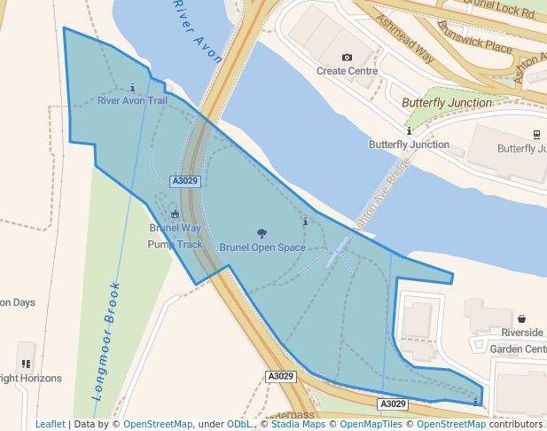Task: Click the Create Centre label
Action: (347, 71)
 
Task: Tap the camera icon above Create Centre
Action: (347, 58)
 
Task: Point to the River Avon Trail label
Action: (132, 100)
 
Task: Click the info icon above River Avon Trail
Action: (132, 88)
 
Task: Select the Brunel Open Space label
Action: (262, 247)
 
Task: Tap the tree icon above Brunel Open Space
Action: (262, 234)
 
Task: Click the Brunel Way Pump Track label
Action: (175, 236)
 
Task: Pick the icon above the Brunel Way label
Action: (175, 214)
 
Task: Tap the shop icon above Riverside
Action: (522, 319)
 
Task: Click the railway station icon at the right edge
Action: (537, 135)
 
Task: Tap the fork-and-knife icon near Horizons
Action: (26, 364)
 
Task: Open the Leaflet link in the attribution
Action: (50, 425)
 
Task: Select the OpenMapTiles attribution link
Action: (372, 425)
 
